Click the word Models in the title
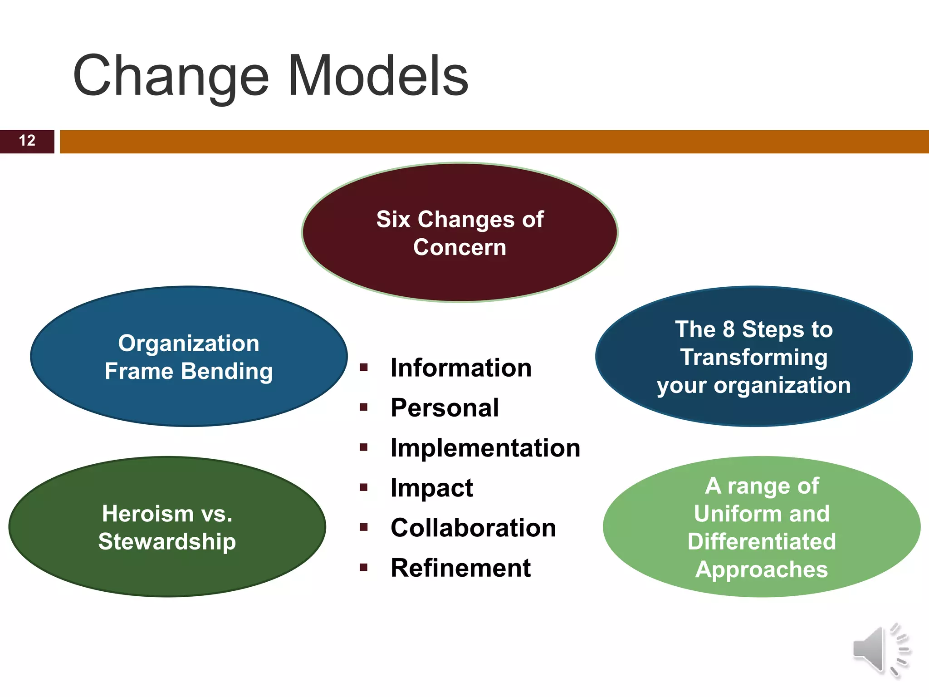coord(378,76)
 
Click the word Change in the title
coord(171,76)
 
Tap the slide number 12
coord(27,141)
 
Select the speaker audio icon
coord(881,650)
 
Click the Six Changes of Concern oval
coord(460,233)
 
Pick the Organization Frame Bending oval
coord(189,357)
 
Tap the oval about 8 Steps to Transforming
coord(753,357)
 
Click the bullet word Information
coord(461,368)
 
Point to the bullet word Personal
coord(445,407)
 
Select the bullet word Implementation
coord(485,448)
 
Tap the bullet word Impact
coord(432,488)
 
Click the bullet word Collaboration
coord(473,528)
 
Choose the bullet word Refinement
coord(460,568)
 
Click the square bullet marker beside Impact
coord(363,488)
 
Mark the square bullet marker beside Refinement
coord(363,567)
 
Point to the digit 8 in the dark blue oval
coord(729,329)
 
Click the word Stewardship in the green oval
coord(167,541)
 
